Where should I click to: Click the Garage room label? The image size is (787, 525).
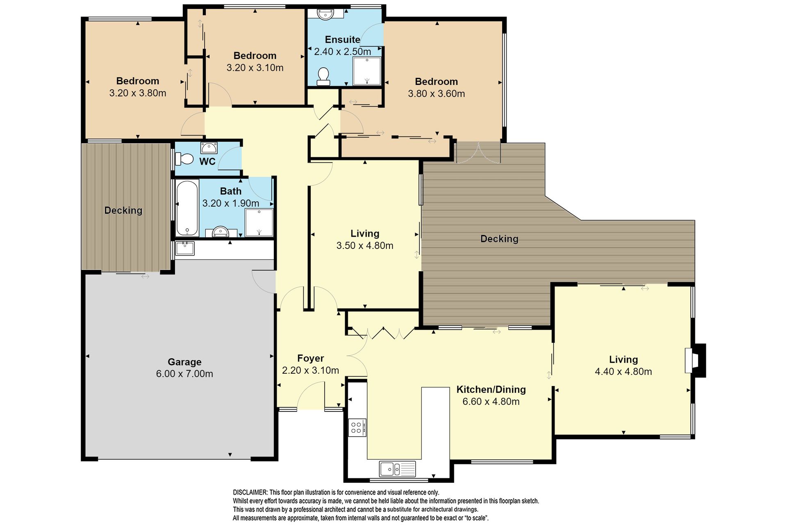click(184, 362)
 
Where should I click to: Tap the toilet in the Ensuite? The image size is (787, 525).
click(323, 77)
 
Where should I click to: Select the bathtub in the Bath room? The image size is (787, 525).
click(187, 208)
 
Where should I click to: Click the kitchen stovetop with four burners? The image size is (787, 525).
click(357, 427)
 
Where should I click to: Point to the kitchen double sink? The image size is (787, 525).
click(397, 469)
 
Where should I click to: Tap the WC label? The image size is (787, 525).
click(207, 162)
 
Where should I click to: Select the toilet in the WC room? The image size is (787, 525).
click(184, 159)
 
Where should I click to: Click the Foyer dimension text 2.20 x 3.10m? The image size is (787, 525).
click(310, 370)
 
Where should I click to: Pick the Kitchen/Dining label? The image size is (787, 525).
click(491, 389)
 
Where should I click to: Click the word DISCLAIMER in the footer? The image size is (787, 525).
click(250, 492)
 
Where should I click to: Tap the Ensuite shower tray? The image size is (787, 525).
click(367, 71)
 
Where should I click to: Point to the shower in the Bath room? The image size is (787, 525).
click(259, 223)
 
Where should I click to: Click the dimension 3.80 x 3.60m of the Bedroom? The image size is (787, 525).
click(437, 94)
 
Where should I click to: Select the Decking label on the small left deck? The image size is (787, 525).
click(123, 210)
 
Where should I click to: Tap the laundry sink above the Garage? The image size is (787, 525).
click(185, 249)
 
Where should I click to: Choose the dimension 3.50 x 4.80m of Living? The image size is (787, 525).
click(365, 246)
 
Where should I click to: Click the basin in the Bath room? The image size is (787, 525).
click(221, 232)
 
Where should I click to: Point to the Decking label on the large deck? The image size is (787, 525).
click(499, 239)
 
